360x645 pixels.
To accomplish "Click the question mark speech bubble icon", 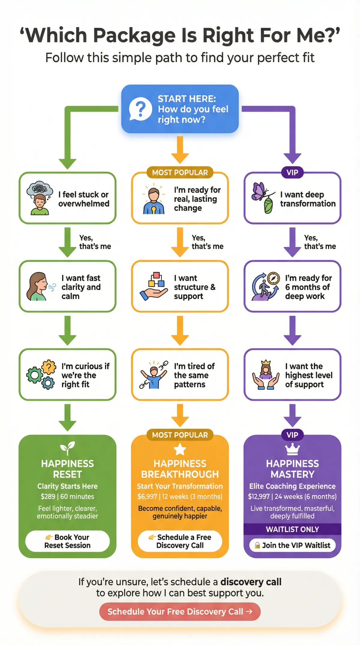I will (140, 109).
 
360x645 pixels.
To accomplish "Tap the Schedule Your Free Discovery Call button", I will (180, 611).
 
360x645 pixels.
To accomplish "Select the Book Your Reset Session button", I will (67, 541).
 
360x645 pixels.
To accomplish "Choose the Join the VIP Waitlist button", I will (292, 545).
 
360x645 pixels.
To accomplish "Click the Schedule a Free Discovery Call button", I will (180, 541).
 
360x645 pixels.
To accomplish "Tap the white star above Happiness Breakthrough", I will (180, 449).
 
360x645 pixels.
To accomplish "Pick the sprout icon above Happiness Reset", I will (67, 448).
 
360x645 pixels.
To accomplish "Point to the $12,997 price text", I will (259, 496).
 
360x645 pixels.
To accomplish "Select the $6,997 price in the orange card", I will (147, 496).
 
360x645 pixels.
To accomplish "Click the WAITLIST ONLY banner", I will (292, 529).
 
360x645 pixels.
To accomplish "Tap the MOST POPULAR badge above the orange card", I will (180, 435).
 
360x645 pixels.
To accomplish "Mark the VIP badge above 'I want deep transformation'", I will (292, 172).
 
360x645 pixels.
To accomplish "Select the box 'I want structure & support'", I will (180, 286).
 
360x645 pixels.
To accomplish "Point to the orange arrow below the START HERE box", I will (180, 150).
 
